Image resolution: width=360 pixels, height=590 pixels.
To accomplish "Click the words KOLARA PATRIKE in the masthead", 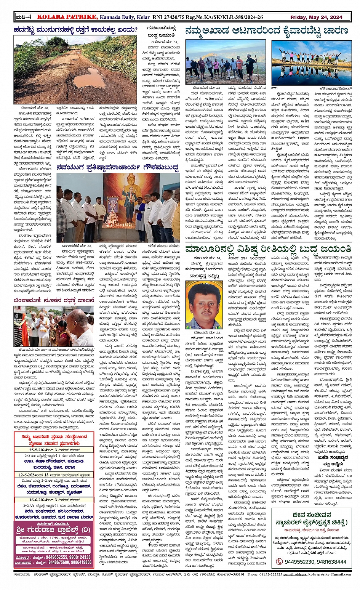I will point(67,17).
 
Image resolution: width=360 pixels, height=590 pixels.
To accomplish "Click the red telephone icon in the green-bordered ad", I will point(279,561).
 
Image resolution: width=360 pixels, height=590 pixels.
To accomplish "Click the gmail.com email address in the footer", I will point(330,574).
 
